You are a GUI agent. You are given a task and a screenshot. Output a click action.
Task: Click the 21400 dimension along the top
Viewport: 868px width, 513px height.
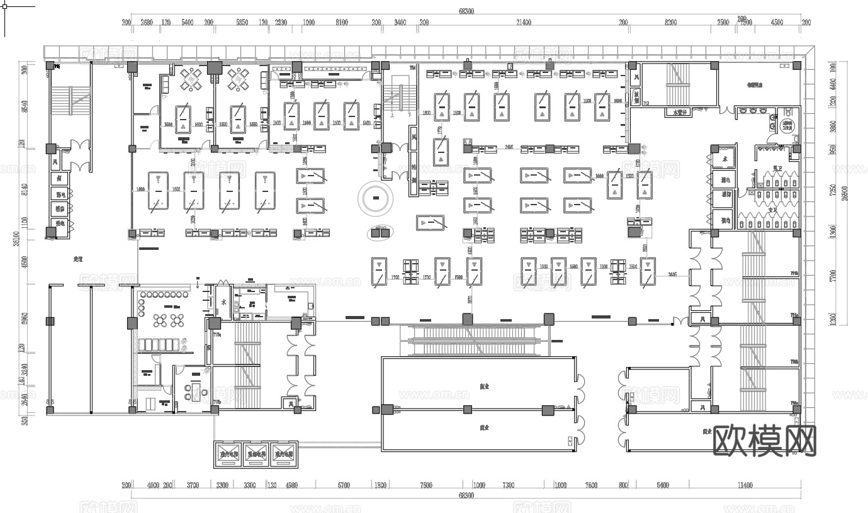click(x=523, y=23)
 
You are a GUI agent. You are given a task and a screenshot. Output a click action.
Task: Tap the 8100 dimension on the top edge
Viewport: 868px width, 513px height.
click(x=342, y=23)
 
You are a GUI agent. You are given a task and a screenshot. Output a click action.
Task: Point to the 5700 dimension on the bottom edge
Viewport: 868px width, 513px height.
click(x=344, y=485)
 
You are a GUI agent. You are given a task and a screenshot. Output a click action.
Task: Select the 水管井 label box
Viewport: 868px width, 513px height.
click(x=679, y=113)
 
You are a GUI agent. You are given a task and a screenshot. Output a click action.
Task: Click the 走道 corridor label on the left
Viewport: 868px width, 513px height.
click(x=78, y=259)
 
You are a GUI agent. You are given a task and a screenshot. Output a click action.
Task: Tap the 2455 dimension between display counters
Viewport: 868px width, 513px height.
click(x=509, y=147)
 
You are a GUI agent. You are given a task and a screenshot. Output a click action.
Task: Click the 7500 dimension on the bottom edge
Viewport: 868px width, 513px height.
click(x=426, y=485)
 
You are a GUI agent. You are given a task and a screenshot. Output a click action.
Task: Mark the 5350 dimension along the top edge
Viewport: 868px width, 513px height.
click(x=242, y=23)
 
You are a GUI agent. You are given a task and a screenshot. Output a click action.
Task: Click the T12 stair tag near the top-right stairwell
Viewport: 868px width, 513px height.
click(x=645, y=103)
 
